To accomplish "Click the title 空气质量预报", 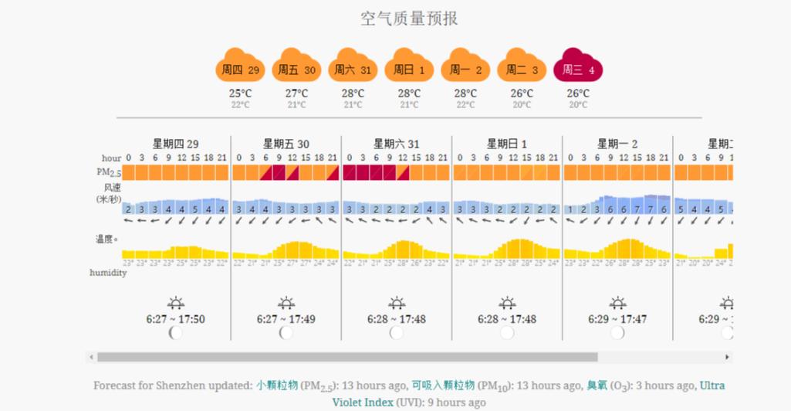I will pyautogui.click(x=409, y=19).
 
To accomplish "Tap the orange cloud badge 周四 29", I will pyautogui.click(x=240, y=70).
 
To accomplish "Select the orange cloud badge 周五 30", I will pyautogui.click(x=297, y=70).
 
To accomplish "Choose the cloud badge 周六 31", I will pyautogui.click(x=353, y=70).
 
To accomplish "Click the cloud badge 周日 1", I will pyautogui.click(x=409, y=70).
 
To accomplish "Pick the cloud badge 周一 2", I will pyautogui.click(x=465, y=70).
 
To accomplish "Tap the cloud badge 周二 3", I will pyautogui.click(x=522, y=70).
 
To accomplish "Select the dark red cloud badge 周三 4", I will pyautogui.click(x=578, y=70).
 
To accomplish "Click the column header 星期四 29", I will pyautogui.click(x=175, y=144).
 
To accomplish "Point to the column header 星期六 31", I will pyautogui.click(x=396, y=144).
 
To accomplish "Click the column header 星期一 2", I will pyautogui.click(x=617, y=144).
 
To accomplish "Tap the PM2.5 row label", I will pyautogui.click(x=108, y=172).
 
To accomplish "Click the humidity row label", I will pyautogui.click(x=108, y=273).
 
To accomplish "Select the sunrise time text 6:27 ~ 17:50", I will pyautogui.click(x=175, y=319).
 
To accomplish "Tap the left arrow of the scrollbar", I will pyautogui.click(x=92, y=358).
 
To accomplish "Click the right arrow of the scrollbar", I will pyautogui.click(x=727, y=358).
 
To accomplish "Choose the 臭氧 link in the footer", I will pyautogui.click(x=597, y=386).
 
